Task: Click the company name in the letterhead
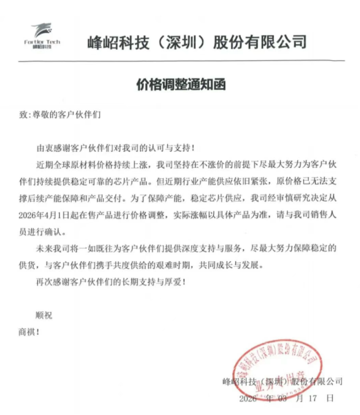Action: (x=196, y=43)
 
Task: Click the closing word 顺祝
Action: (x=44, y=316)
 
